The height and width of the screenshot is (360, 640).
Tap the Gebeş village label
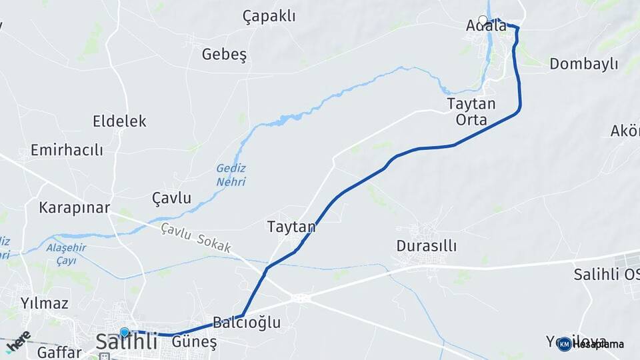pyautogui.click(x=224, y=55)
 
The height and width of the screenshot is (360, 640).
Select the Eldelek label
pyautogui.click(x=119, y=121)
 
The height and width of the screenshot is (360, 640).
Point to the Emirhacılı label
pyautogui.click(x=67, y=150)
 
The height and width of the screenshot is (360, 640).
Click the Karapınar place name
pyautogui.click(x=74, y=207)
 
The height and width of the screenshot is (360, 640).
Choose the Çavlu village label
pyautogui.click(x=171, y=198)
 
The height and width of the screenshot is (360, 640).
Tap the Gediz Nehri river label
pyautogui.click(x=231, y=175)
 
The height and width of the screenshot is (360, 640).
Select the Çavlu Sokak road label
pyautogui.click(x=196, y=237)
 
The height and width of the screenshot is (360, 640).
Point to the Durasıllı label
pyautogui.click(x=427, y=246)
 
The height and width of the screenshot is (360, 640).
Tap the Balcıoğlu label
pyautogui.click(x=247, y=323)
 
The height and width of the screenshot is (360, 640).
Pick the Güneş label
pyautogui.click(x=195, y=342)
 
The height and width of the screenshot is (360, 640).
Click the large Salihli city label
pyautogui.click(x=127, y=342)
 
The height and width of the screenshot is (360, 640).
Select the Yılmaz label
pyautogui.click(x=44, y=304)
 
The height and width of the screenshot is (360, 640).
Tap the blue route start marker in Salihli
pyautogui.click(x=124, y=332)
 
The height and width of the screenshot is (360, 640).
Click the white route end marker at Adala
pyautogui.click(x=483, y=20)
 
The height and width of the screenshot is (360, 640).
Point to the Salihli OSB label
pyautogui.click(x=606, y=274)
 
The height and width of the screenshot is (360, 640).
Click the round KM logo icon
pyautogui.click(x=565, y=344)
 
